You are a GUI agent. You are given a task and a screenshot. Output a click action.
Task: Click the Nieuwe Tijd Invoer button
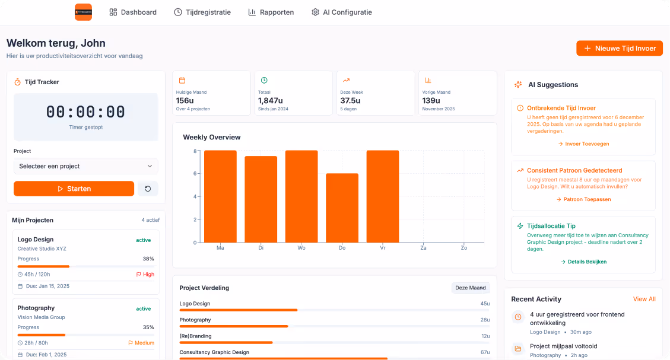(x=619, y=49)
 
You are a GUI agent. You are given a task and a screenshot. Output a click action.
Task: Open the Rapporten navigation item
(x=271, y=12)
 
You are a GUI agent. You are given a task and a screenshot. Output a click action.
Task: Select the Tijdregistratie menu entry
(x=202, y=12)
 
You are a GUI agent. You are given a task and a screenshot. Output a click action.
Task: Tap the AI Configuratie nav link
(x=341, y=12)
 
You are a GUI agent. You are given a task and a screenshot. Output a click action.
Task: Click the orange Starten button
(x=74, y=189)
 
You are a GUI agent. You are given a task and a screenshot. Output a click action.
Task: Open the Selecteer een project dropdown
(x=85, y=166)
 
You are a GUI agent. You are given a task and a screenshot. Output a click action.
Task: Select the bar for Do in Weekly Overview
(x=342, y=208)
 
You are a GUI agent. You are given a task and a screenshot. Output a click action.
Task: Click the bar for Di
(x=261, y=199)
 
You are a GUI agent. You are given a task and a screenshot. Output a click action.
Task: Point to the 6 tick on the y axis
(x=195, y=174)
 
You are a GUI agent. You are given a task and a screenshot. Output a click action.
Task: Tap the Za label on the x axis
(x=423, y=247)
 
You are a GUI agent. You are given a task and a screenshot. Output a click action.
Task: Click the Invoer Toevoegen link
(x=583, y=144)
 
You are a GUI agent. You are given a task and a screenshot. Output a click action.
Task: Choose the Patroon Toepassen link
(x=583, y=199)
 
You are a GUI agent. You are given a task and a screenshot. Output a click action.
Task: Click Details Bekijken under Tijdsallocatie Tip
(x=583, y=262)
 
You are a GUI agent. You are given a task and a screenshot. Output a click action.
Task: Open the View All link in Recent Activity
(x=644, y=299)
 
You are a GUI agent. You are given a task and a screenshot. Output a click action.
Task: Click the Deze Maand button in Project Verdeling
(x=470, y=288)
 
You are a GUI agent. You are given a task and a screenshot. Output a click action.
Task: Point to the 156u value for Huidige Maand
(x=185, y=101)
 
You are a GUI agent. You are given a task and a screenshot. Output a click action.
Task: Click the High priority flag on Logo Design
(x=145, y=275)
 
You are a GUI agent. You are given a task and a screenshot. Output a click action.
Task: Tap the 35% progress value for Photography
(x=148, y=327)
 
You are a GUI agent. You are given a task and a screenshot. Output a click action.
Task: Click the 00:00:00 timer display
(x=85, y=112)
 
